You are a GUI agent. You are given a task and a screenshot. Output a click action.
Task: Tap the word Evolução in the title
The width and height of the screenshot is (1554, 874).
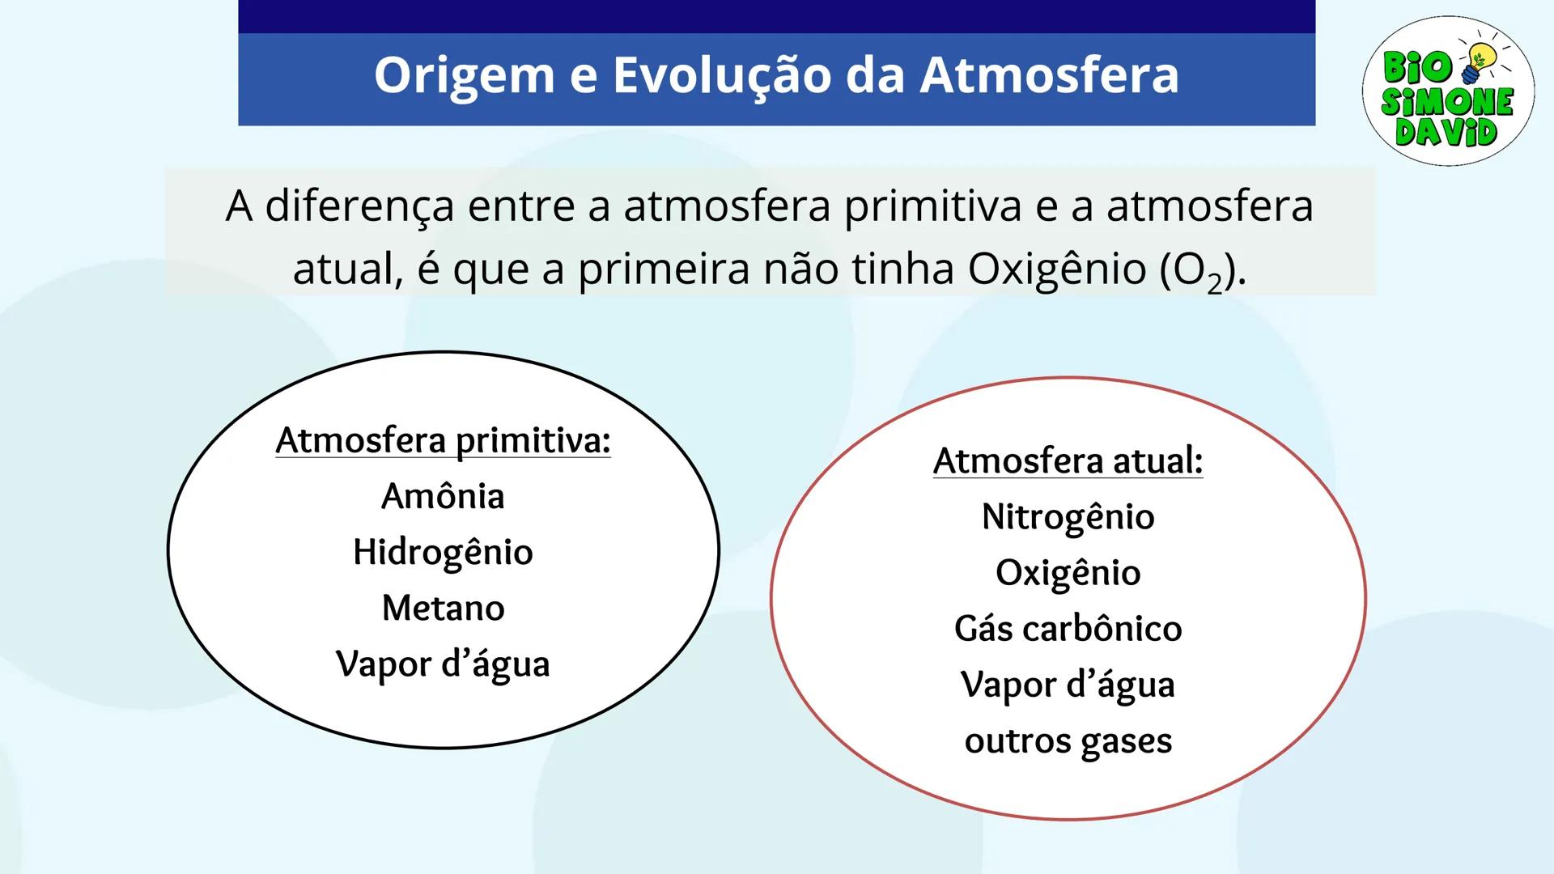[721, 76]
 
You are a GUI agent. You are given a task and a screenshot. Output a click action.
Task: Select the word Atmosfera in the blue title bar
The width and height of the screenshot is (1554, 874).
[1049, 76]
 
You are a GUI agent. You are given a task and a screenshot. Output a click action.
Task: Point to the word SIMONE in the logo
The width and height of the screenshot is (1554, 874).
[1447, 102]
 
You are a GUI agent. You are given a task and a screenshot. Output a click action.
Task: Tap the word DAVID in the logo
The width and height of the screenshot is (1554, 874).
[1446, 132]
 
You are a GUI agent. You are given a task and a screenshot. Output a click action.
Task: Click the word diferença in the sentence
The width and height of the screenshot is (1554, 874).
[359, 207]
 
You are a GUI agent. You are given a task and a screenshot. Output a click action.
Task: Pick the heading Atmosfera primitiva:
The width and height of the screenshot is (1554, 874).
[443, 441]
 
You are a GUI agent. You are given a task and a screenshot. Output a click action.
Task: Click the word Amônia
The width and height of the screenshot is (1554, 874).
[443, 496]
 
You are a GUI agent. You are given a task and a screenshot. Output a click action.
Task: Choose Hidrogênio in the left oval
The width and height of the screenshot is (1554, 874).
[443, 553]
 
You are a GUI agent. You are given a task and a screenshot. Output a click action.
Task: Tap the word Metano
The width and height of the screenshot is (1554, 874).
[443, 609]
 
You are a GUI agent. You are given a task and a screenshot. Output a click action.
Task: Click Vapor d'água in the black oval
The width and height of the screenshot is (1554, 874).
[443, 664]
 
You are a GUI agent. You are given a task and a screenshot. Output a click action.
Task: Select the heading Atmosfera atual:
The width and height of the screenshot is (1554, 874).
[1068, 461]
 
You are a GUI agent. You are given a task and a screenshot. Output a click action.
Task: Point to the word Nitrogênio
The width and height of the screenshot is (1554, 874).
[1068, 517]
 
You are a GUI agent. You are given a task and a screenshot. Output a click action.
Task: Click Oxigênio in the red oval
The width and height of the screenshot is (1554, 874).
[1068, 573]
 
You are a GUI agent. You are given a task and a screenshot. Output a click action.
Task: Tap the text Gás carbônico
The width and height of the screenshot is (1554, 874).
[1068, 629]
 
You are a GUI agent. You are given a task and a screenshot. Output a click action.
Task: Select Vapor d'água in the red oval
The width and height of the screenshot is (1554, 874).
[1068, 685]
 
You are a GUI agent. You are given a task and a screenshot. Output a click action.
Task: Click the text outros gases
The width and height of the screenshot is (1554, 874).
[1068, 741]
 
